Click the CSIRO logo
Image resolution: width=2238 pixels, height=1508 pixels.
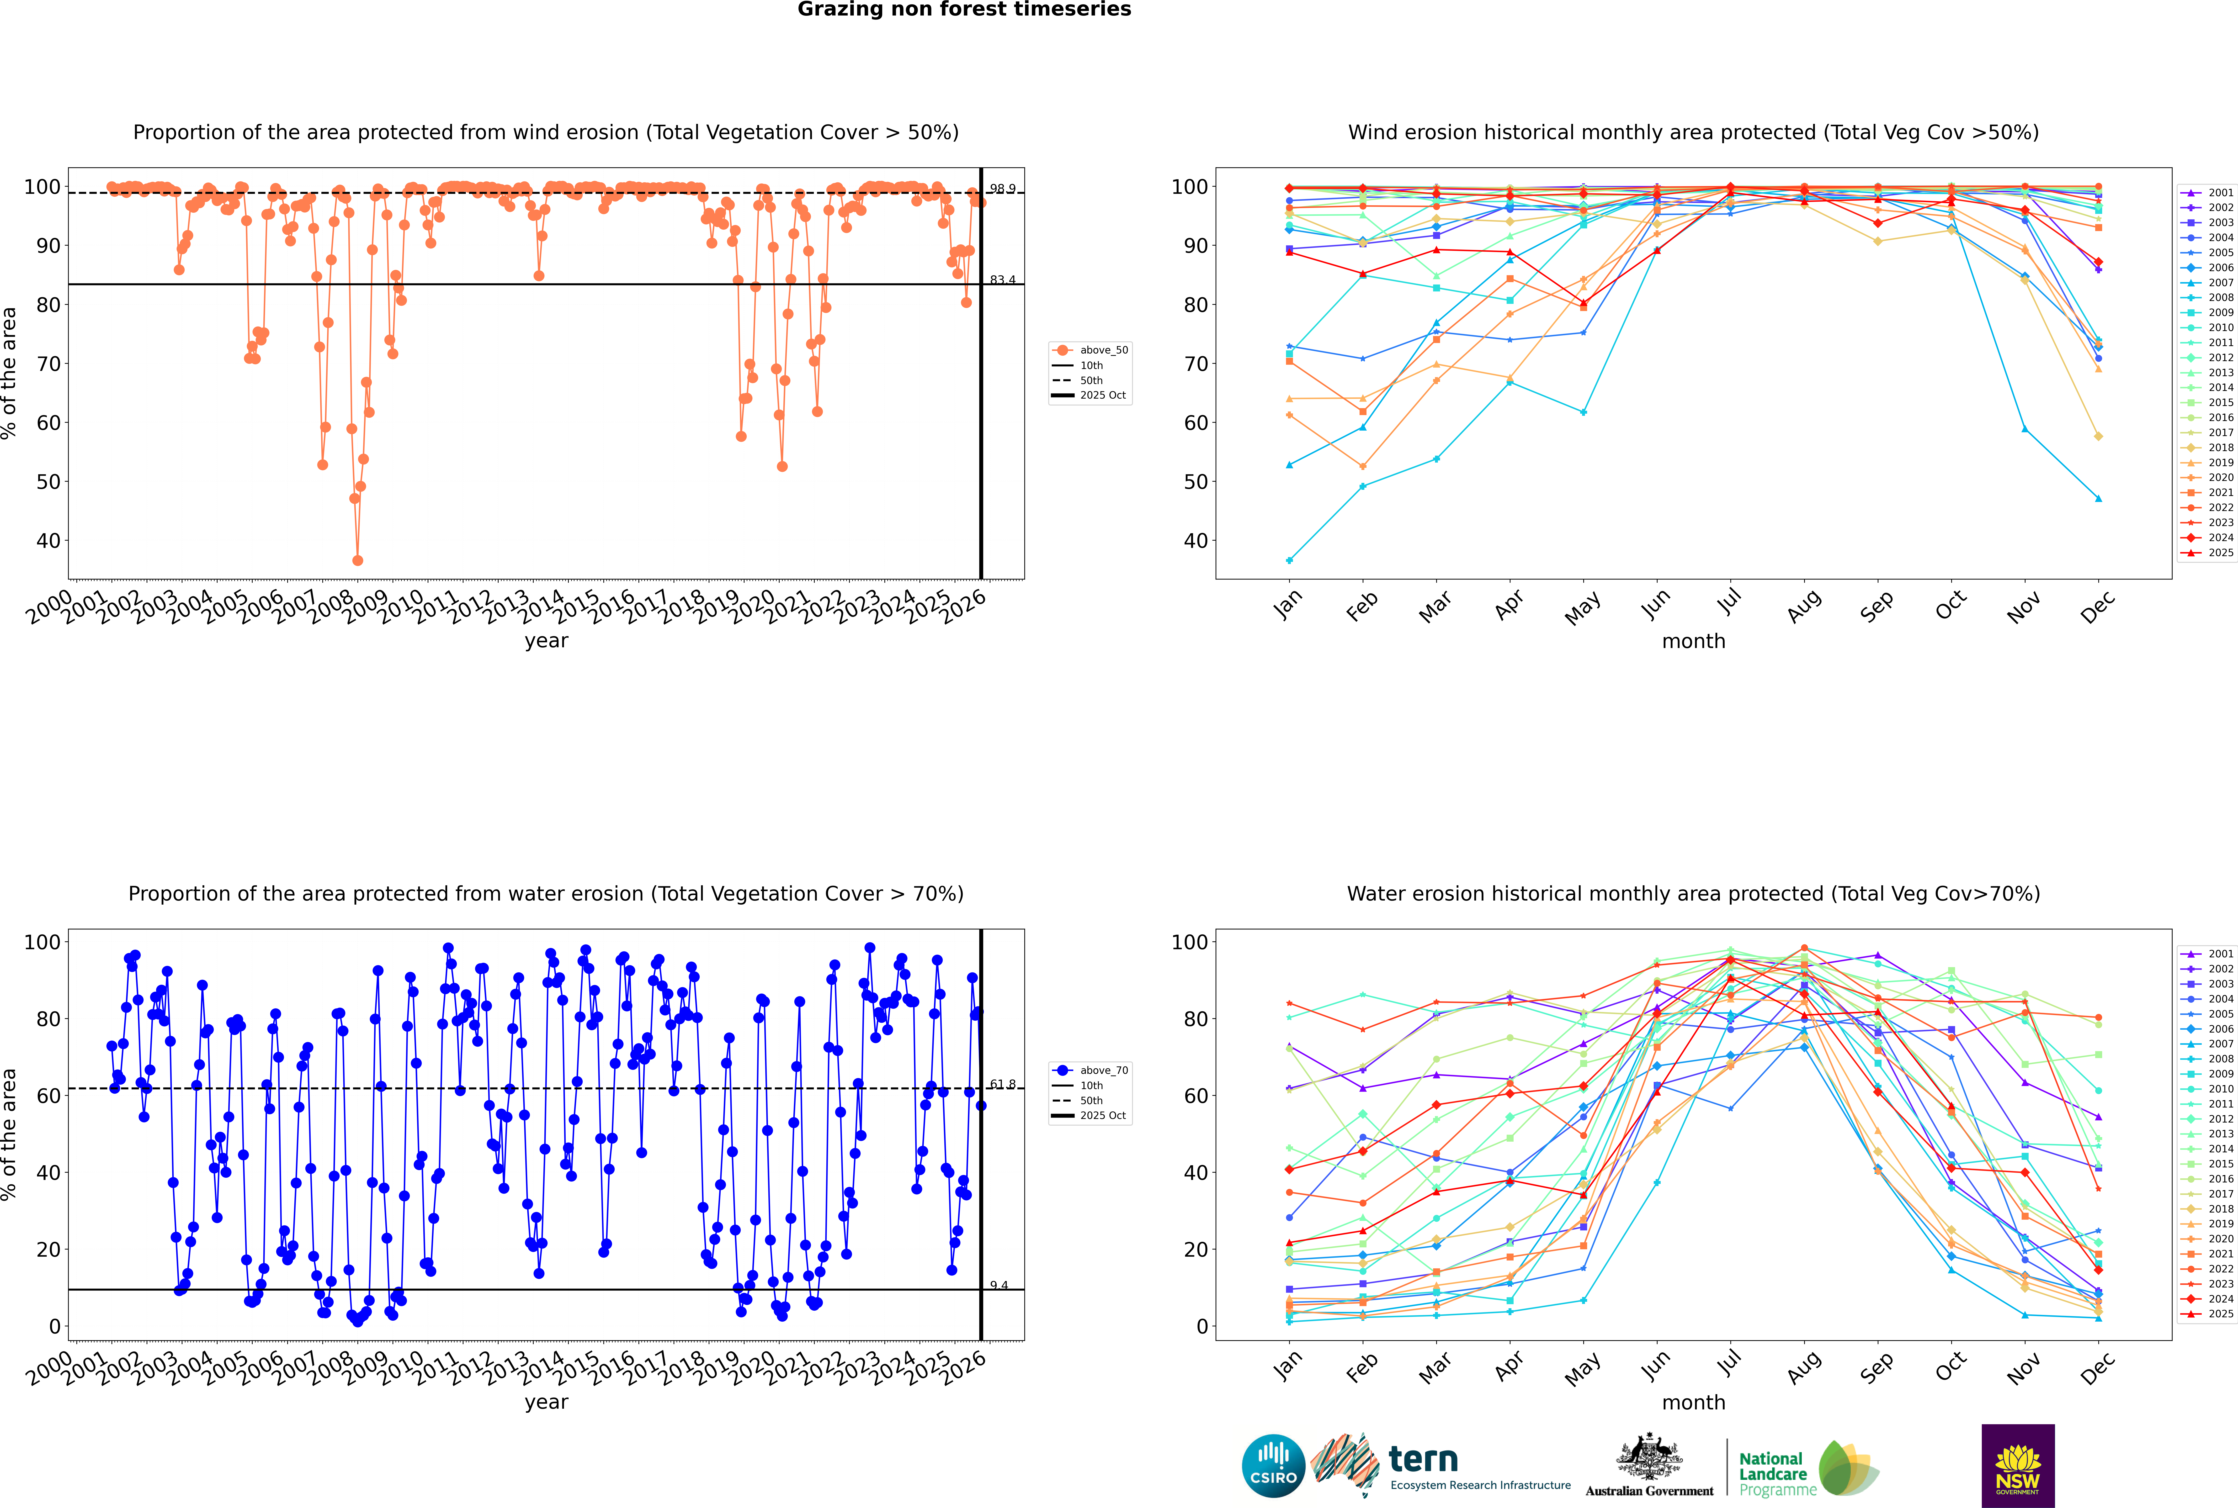coord(1273,1466)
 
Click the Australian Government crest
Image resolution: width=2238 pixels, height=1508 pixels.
coord(1649,1460)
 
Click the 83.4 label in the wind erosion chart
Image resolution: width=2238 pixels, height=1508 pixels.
coord(1003,280)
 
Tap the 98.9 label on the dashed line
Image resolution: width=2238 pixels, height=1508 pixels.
coord(1003,190)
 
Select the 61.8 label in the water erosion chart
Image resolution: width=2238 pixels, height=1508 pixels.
coord(1003,1084)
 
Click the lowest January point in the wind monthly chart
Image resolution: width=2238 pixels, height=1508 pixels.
coord(1289,560)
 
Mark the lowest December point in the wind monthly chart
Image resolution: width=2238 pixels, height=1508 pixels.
coord(2099,498)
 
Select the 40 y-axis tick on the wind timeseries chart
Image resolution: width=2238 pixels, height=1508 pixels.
coord(48,540)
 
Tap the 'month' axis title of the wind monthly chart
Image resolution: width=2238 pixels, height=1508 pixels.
coord(1693,642)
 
